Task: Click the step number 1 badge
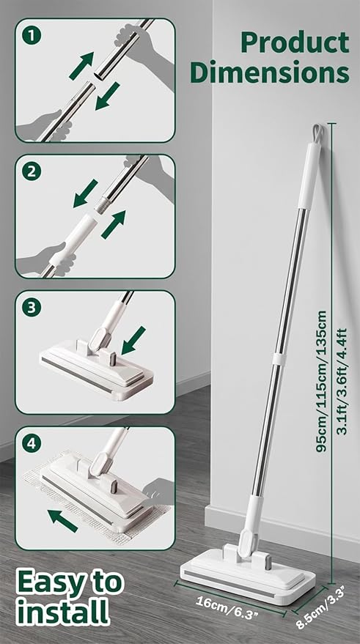click(32, 35)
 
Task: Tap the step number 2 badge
click(32, 171)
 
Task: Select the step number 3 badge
click(32, 307)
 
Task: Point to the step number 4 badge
click(32, 443)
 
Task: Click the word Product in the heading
click(295, 42)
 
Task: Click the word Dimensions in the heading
click(270, 72)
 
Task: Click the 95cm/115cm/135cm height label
click(321, 382)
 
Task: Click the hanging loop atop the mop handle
click(317, 134)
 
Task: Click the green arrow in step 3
click(133, 341)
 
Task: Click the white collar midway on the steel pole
click(279, 358)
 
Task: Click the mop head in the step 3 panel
click(97, 368)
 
